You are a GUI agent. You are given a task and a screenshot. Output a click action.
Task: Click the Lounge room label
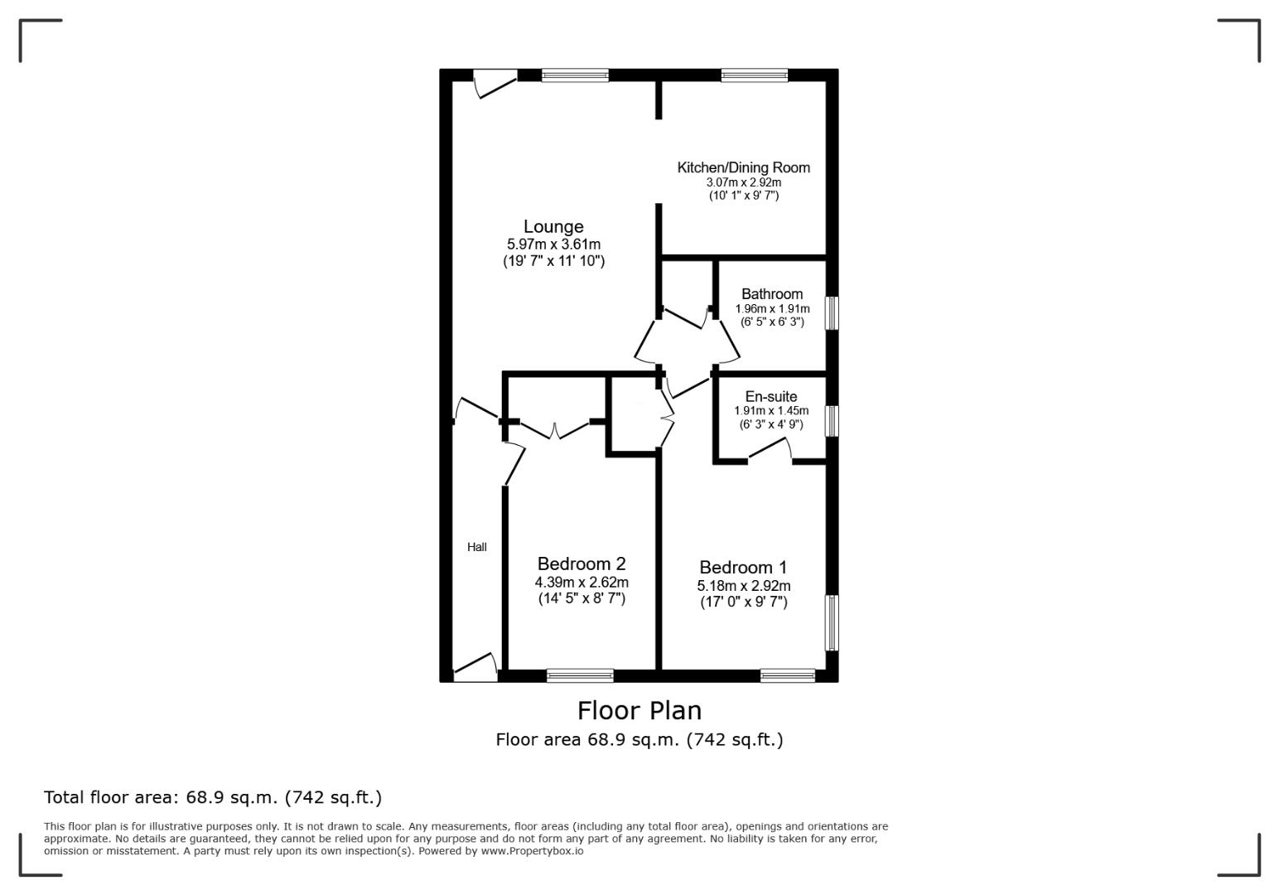click(553, 227)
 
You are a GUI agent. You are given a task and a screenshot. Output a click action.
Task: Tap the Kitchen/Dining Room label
click(743, 168)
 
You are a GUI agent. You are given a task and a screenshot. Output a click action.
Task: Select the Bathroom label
click(772, 294)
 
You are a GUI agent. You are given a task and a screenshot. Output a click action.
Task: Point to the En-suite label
click(771, 396)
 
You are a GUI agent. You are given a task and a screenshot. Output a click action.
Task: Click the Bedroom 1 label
click(743, 567)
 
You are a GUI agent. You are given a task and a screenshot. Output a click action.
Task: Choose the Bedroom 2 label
click(582, 564)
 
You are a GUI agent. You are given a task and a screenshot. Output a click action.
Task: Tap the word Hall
click(477, 547)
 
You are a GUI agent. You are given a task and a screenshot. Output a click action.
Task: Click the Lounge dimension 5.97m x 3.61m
click(553, 244)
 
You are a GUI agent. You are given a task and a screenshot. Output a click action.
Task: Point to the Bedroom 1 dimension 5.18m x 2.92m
click(743, 585)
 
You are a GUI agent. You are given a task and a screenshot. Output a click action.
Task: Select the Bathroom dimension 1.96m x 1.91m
click(772, 309)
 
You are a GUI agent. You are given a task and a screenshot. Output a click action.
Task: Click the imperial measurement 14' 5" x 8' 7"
click(582, 598)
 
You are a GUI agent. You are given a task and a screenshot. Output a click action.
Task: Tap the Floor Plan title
click(639, 711)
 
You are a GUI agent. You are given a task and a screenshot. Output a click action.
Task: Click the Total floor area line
click(213, 797)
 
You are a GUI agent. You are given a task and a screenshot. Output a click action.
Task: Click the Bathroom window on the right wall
click(833, 313)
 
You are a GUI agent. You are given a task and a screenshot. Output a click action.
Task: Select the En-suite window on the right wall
click(833, 422)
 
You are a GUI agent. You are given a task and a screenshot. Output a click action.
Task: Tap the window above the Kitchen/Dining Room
click(755, 75)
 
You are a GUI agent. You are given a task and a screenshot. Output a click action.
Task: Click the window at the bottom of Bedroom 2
click(580, 675)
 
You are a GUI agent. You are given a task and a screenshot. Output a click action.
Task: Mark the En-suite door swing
click(770, 449)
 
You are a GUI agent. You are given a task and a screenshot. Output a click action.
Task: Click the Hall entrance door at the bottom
click(476, 668)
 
